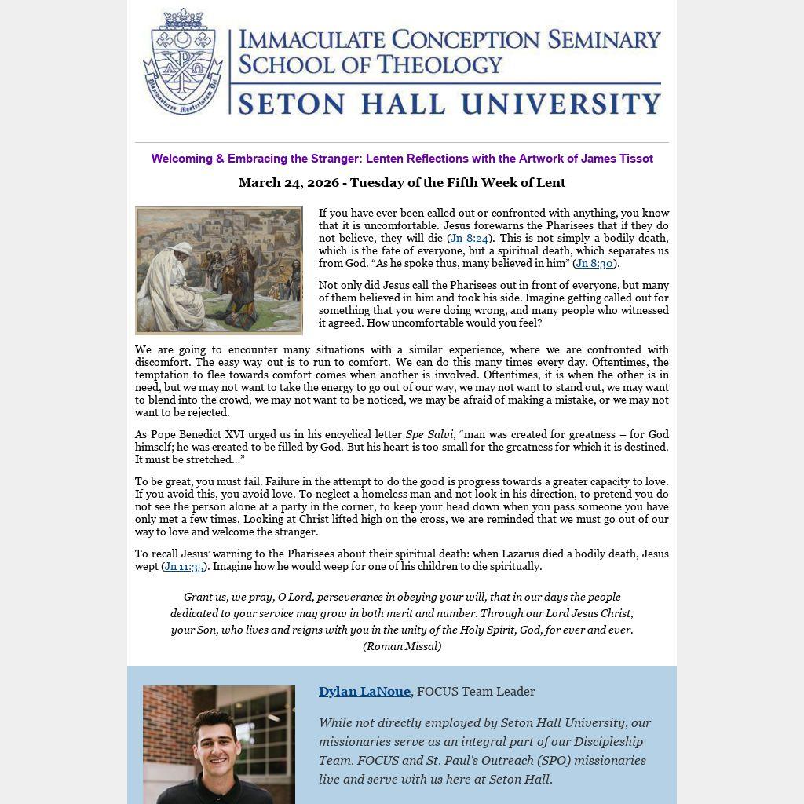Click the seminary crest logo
click(x=183, y=62)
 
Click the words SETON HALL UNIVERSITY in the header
click(x=449, y=104)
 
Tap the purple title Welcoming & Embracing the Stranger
click(x=402, y=159)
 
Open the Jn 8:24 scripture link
click(x=469, y=239)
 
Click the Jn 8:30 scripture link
click(x=594, y=264)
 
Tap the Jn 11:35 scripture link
click(x=184, y=567)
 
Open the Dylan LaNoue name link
click(x=364, y=692)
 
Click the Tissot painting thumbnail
click(x=219, y=271)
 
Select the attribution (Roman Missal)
click(x=402, y=647)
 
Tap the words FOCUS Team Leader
click(x=476, y=692)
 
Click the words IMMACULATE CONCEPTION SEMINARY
click(x=449, y=39)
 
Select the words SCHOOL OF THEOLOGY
click(x=370, y=64)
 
